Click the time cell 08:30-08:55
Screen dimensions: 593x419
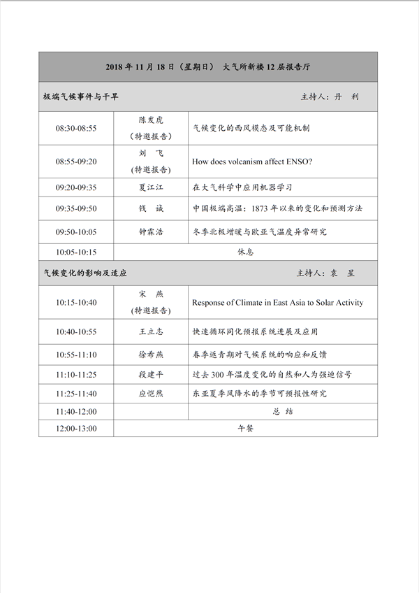76,129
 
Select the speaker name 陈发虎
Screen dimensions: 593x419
151,120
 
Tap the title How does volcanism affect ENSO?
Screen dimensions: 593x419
252,162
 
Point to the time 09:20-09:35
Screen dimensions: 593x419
76,187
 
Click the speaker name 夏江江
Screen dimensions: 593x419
151,187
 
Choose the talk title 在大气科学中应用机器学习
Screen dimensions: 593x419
242,187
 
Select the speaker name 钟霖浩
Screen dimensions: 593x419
151,231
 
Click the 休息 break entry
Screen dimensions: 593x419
245,252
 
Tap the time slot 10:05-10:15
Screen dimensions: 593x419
76,252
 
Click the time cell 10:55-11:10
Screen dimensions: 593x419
76,355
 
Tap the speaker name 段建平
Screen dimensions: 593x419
151,375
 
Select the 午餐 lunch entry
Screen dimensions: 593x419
245,428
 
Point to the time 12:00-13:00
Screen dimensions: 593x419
76,428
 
